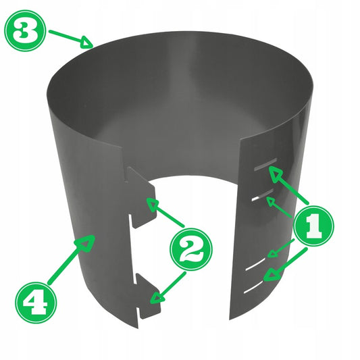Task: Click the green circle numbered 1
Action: (314, 226)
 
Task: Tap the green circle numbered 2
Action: (191, 249)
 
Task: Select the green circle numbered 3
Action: (25, 30)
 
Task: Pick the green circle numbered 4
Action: (36, 303)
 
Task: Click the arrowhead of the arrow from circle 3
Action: (87, 43)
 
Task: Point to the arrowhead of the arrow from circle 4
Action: (86, 243)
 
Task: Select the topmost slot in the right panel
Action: (265, 165)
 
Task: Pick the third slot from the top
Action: (255, 264)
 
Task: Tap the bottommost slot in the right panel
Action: (253, 287)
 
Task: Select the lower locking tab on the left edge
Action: (148, 297)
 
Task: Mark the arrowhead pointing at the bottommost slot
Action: (272, 275)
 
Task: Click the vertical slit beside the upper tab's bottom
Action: (130, 220)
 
